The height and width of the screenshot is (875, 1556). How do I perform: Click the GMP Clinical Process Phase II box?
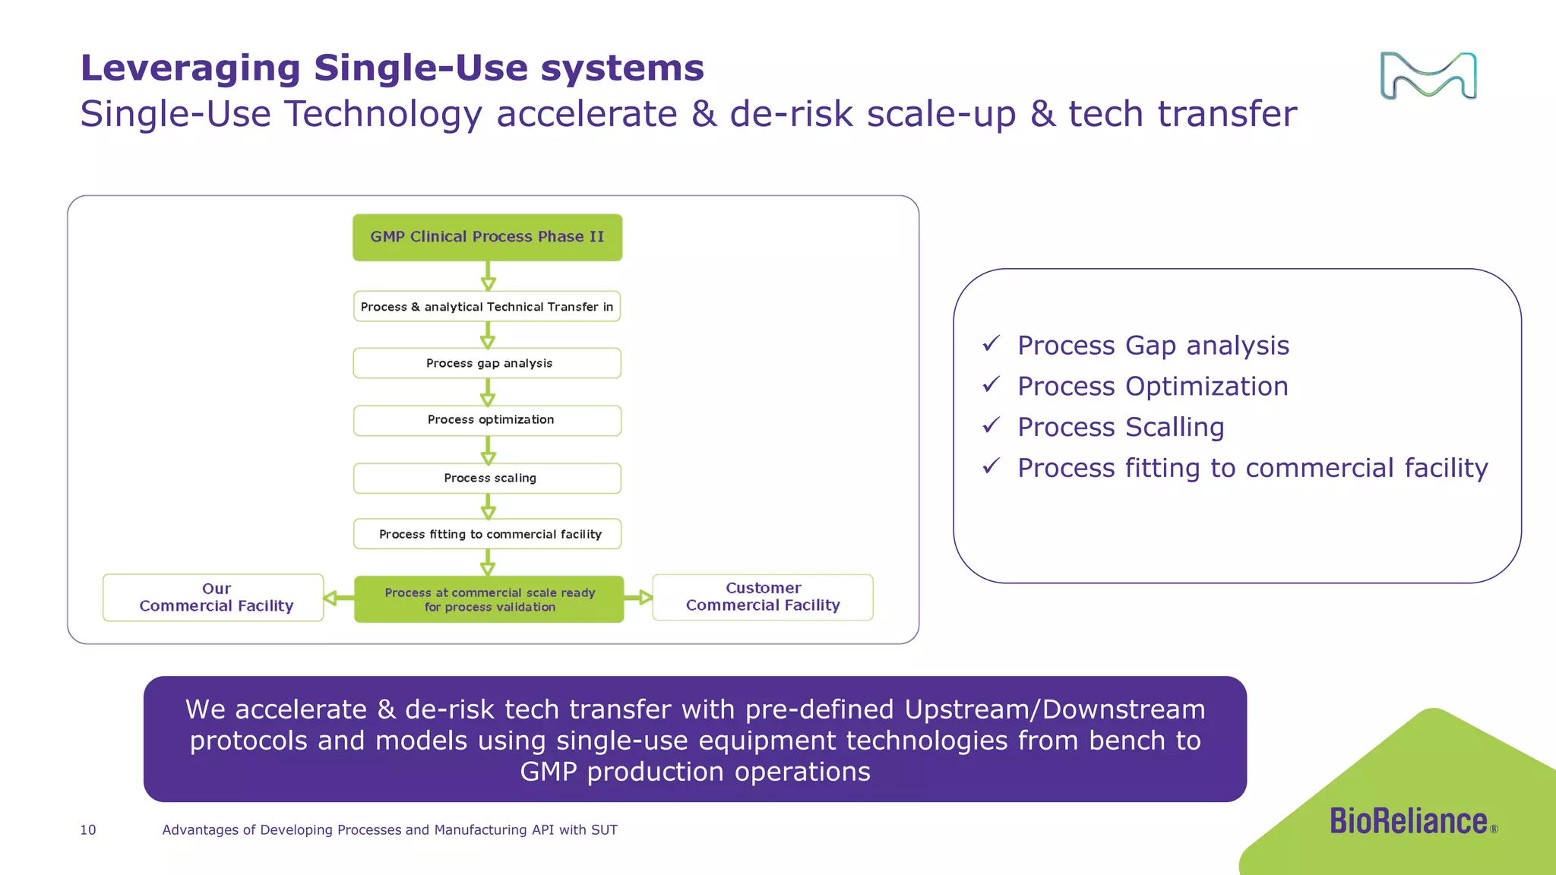487,237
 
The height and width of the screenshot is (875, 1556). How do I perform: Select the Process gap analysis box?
487,363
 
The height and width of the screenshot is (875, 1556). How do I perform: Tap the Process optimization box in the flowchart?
487,420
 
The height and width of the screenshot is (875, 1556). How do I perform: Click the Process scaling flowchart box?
487,478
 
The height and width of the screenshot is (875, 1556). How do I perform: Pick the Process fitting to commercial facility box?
487,534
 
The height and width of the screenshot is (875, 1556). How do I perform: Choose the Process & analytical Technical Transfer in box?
487,306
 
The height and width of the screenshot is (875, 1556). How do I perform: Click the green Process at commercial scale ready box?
489,599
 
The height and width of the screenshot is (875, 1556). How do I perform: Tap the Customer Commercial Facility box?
762,597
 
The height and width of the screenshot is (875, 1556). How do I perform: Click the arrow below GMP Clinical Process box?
488,276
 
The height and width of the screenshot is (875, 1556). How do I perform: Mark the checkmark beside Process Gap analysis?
991,344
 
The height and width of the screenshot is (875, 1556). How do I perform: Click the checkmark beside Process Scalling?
991,425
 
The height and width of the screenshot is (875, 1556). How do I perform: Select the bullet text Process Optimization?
1153,386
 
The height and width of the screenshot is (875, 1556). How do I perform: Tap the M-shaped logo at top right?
1428,76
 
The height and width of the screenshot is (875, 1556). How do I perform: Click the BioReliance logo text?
1408,821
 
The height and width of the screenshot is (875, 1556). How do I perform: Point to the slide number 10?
88,829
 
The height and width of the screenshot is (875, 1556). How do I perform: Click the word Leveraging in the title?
191,68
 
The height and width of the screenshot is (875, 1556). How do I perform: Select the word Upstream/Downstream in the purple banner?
1055,709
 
